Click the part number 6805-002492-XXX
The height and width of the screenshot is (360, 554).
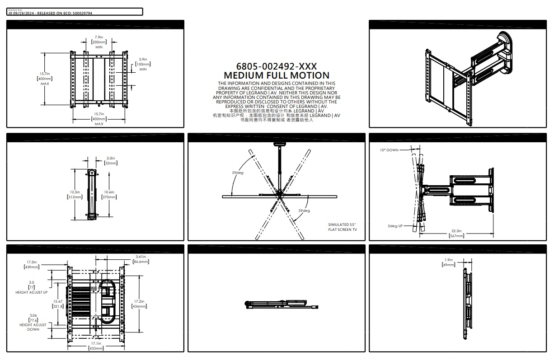[277, 67]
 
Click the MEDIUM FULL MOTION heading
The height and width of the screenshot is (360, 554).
[277, 75]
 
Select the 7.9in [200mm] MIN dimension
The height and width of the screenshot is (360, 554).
[99, 42]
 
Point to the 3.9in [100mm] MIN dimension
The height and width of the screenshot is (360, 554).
[143, 64]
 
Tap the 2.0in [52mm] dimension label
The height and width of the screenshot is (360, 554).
[111, 161]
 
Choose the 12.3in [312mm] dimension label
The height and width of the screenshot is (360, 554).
[75, 195]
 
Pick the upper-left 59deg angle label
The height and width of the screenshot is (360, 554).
[238, 173]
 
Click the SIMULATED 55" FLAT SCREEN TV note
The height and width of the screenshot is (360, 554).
[343, 227]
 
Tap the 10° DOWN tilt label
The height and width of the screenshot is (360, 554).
[390, 150]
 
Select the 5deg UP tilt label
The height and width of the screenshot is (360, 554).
[395, 226]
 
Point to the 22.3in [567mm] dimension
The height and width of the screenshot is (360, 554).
[456, 233]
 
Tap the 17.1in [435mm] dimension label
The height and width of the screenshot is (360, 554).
[96, 346]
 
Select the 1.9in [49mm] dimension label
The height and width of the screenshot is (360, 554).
[448, 262]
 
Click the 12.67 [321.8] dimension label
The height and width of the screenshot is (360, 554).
[58, 304]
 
